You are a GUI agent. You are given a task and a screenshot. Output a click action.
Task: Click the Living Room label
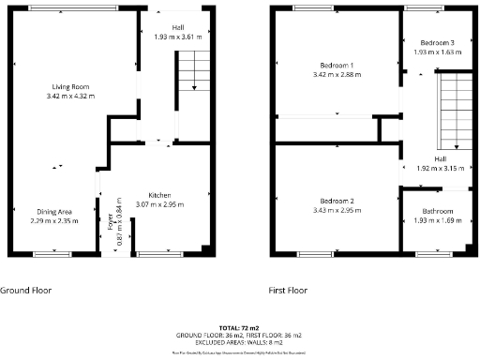point(71,87)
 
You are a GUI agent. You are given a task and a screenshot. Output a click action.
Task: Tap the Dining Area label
point(52,212)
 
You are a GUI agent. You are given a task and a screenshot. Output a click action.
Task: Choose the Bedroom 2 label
point(336,202)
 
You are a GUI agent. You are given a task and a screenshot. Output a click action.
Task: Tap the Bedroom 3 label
point(436,43)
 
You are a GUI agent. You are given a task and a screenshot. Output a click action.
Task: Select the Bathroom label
point(437,211)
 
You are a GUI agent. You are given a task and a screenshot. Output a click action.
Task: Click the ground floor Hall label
point(177,27)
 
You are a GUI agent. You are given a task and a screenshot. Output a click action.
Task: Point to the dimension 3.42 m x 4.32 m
point(71,96)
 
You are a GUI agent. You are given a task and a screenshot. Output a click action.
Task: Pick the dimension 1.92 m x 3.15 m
point(438,169)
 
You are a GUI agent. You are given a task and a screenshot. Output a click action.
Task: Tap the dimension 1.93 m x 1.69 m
point(437,220)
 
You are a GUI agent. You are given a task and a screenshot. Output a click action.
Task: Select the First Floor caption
point(288,291)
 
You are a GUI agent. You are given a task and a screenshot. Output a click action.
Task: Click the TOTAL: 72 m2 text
point(239,327)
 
